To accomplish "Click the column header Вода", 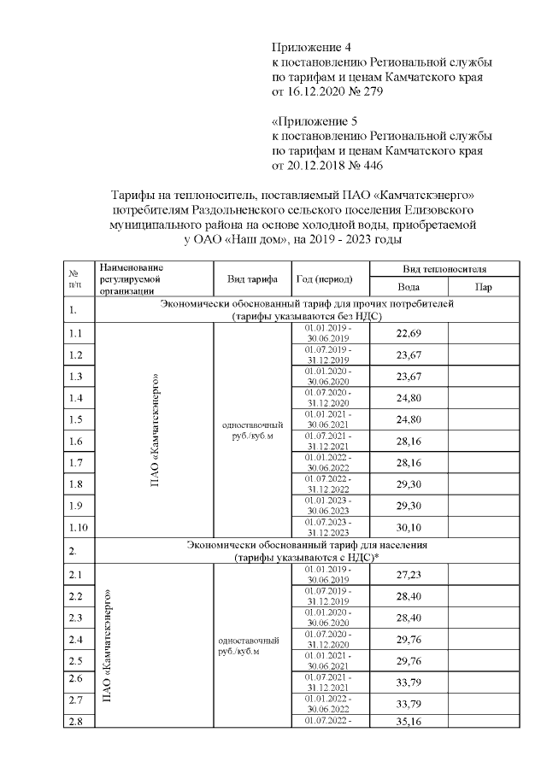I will (409, 288).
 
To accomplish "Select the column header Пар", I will (483, 288).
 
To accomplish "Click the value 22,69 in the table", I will (409, 333).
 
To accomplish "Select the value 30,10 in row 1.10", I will (409, 527).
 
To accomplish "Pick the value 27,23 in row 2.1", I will (409, 575).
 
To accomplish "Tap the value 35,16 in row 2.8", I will (409, 722).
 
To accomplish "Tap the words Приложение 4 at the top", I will (311, 46).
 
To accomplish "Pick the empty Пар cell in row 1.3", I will (483, 376).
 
